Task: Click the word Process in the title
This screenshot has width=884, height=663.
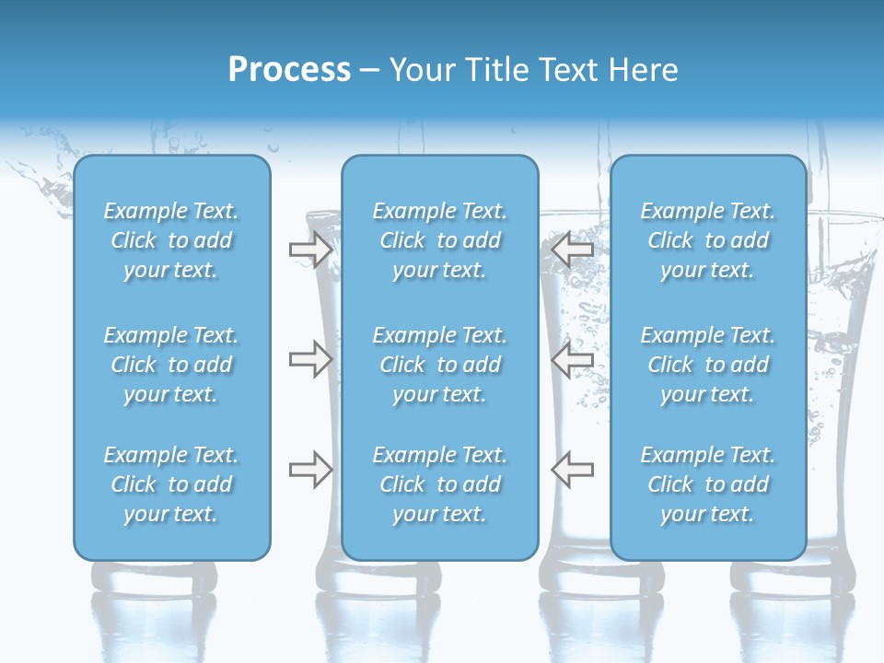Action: click(289, 70)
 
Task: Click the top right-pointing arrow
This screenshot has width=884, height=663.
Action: click(310, 250)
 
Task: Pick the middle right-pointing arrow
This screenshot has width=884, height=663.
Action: click(310, 359)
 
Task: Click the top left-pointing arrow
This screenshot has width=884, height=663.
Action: click(572, 250)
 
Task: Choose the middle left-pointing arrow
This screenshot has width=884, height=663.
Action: click(572, 359)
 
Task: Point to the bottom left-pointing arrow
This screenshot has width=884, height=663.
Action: click(572, 469)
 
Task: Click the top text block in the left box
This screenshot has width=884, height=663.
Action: click(171, 240)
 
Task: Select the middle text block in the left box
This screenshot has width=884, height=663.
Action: click(171, 365)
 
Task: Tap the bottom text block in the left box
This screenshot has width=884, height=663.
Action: click(171, 484)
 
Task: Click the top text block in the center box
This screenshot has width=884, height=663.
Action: click(440, 240)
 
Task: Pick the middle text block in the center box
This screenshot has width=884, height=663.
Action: click(440, 365)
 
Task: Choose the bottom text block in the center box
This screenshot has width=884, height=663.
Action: click(440, 484)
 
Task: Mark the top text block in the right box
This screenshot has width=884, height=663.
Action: click(708, 240)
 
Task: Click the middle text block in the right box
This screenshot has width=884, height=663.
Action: click(708, 365)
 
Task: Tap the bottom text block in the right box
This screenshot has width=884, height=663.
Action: click(708, 484)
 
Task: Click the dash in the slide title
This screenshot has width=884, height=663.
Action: click(369, 71)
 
